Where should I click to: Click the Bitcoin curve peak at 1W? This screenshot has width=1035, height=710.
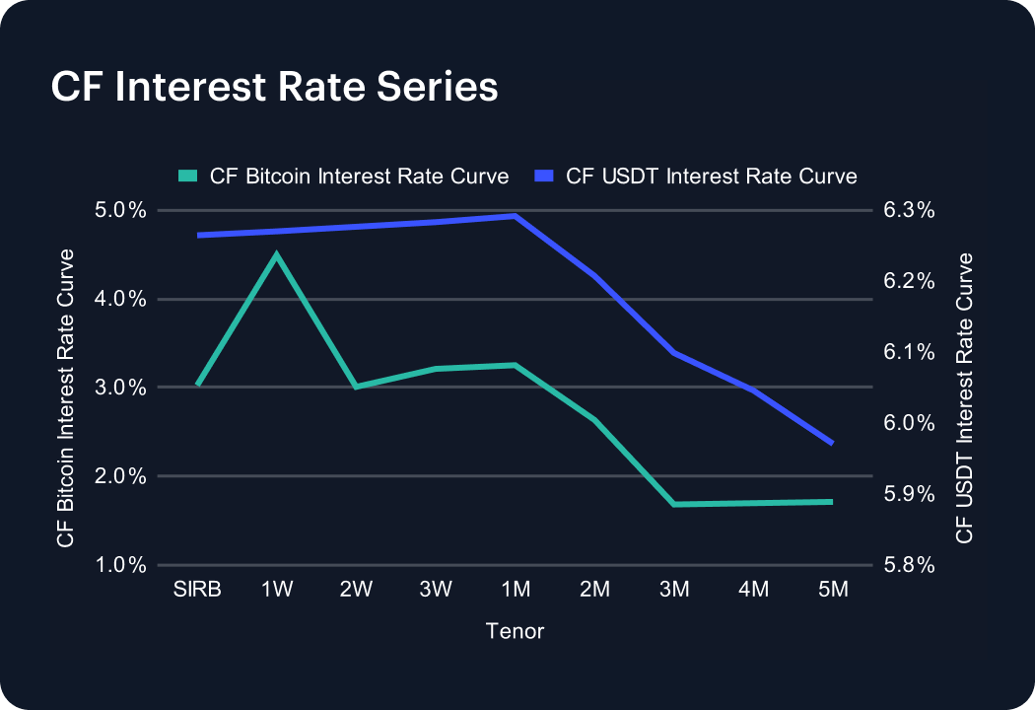click(277, 254)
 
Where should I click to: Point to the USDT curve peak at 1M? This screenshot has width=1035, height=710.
click(516, 216)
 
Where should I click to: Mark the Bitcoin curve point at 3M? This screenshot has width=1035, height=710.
click(674, 504)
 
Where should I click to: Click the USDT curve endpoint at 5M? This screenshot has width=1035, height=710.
click(833, 444)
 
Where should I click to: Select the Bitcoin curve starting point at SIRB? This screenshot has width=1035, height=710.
click(198, 385)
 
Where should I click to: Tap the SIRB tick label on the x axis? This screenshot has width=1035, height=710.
click(197, 590)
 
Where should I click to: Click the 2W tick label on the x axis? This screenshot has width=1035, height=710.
click(356, 590)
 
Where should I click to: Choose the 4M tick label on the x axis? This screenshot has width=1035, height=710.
click(753, 590)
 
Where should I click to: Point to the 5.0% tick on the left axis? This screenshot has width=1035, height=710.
click(121, 210)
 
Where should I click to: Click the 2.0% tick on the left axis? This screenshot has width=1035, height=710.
click(121, 476)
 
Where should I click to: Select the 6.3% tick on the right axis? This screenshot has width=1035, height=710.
click(908, 210)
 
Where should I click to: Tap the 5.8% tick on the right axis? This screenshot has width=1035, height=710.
click(908, 565)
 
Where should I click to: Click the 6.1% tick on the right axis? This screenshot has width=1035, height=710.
click(908, 352)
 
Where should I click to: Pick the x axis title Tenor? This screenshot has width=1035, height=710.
click(515, 631)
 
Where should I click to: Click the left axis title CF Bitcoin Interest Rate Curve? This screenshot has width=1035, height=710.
click(66, 397)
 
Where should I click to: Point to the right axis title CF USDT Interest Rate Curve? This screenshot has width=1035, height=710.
click(964, 397)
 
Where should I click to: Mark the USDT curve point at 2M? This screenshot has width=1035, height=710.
click(594, 275)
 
